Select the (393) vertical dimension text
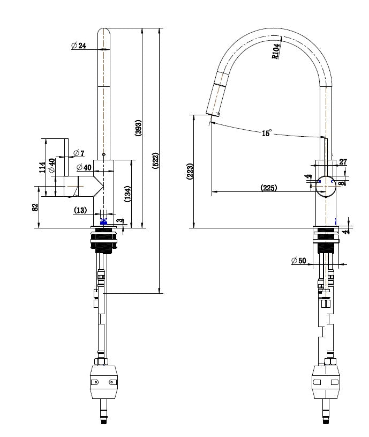click(x=138, y=128)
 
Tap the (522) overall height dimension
click(x=155, y=161)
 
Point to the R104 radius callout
click(x=275, y=51)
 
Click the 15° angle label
click(x=267, y=133)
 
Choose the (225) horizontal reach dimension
click(x=269, y=188)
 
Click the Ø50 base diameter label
click(x=298, y=261)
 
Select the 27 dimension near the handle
click(x=343, y=161)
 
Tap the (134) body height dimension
click(x=127, y=194)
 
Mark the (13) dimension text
click(x=80, y=210)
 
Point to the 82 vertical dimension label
click(x=35, y=207)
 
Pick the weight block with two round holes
click(x=104, y=382)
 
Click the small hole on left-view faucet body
click(x=104, y=155)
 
